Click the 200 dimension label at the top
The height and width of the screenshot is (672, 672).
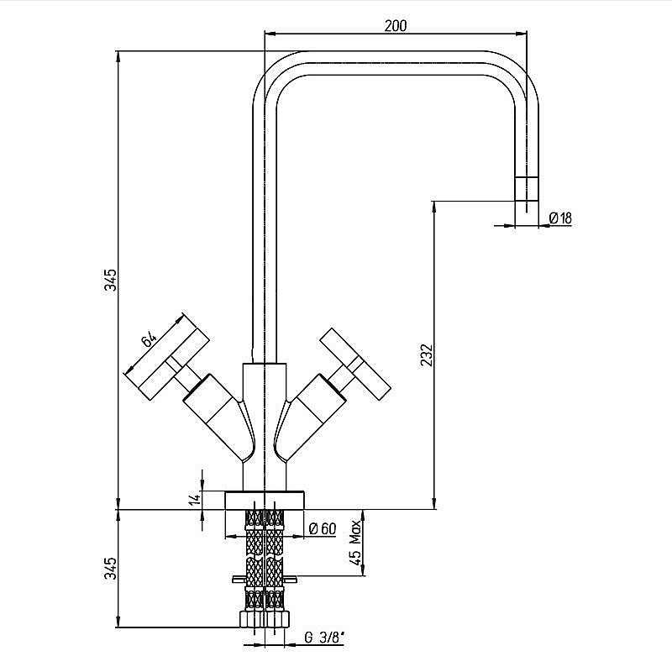(x=395, y=26)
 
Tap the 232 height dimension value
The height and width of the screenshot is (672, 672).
(x=427, y=354)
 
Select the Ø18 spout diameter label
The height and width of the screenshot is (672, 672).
(x=560, y=218)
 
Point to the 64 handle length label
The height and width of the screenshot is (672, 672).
(x=149, y=340)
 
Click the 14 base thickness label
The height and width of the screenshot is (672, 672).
(x=195, y=499)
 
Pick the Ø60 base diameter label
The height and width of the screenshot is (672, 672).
(x=323, y=529)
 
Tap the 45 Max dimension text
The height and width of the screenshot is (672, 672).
(x=355, y=543)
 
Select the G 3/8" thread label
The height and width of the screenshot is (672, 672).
(x=324, y=638)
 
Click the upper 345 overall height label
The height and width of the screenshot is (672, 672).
(x=111, y=280)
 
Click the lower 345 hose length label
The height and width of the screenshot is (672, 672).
(x=111, y=569)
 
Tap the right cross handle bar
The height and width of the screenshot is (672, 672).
(x=355, y=365)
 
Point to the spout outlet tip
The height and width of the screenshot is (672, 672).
(x=527, y=189)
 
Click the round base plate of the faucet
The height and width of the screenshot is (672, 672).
(x=265, y=500)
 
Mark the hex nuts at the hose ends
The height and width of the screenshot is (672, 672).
(x=264, y=620)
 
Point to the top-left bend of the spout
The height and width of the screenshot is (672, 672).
(x=275, y=74)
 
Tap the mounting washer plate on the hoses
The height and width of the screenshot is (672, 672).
(x=265, y=580)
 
